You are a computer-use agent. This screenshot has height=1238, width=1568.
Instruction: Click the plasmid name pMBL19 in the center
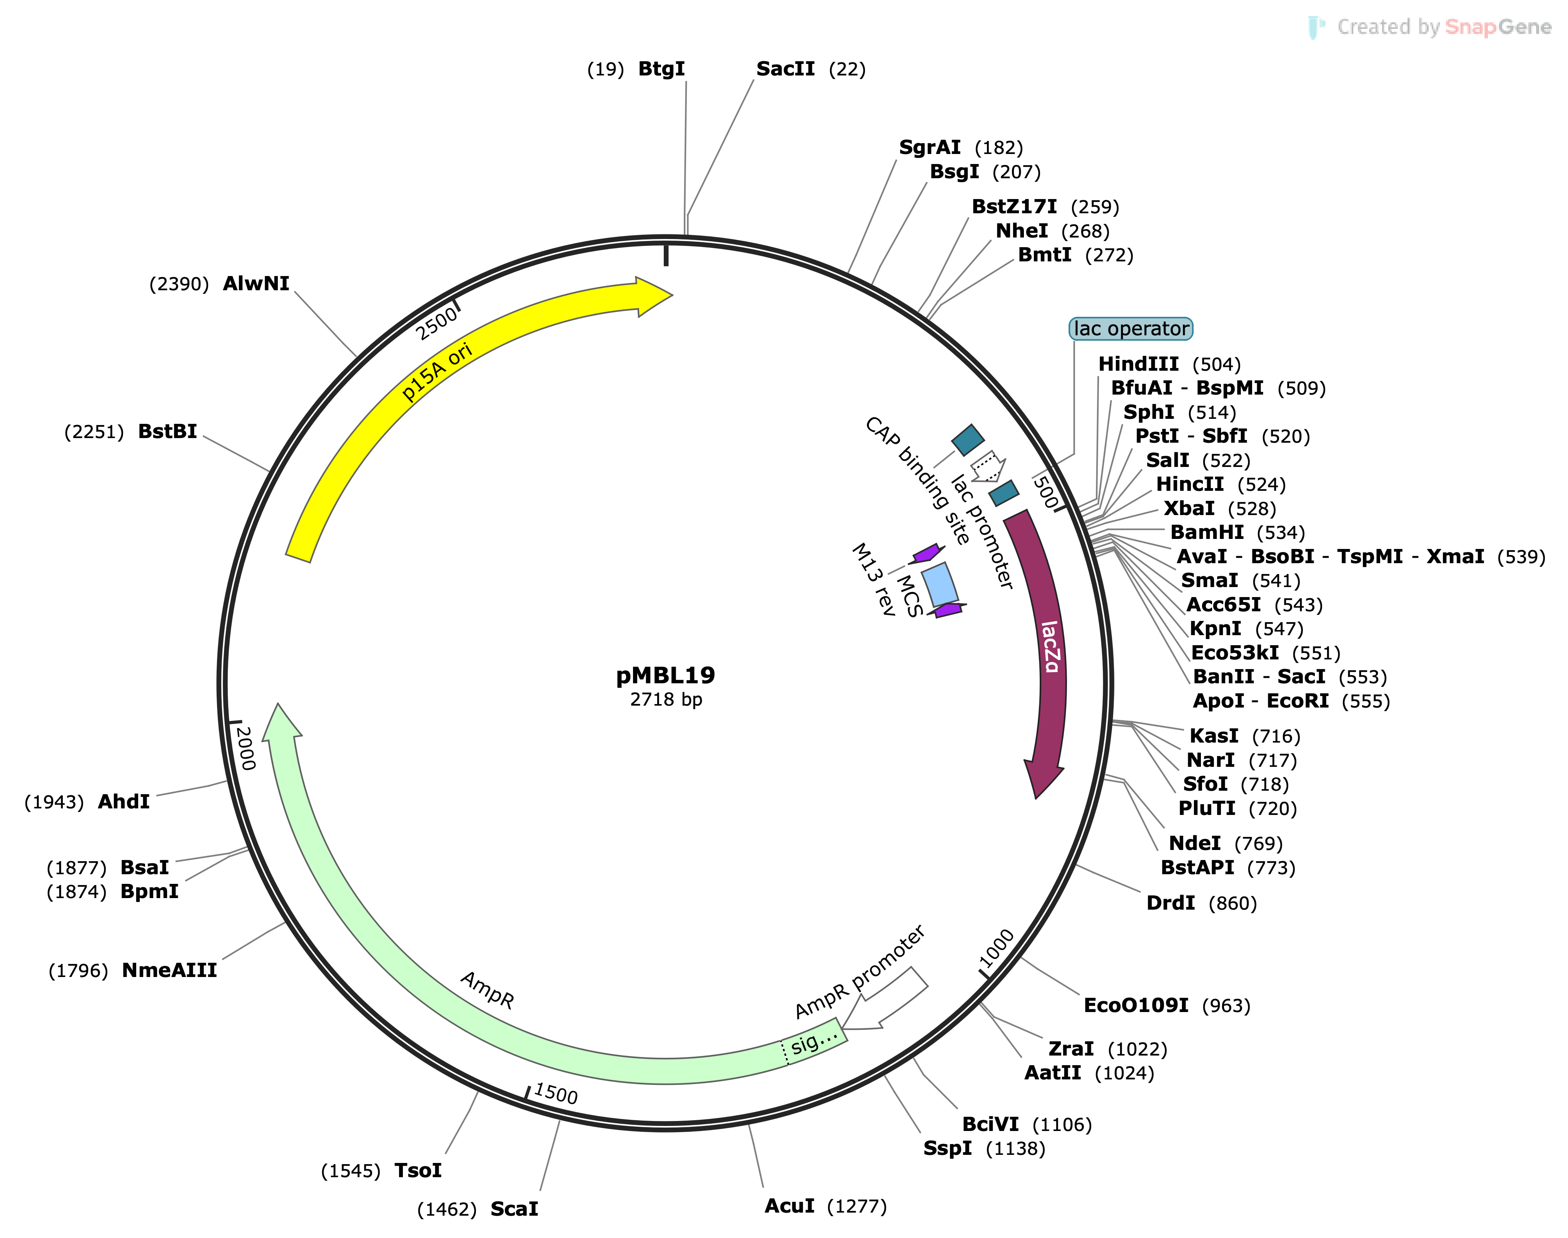click(x=665, y=676)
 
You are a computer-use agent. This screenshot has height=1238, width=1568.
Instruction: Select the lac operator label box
click(x=1130, y=329)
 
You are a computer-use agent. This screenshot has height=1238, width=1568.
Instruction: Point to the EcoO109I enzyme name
click(x=1136, y=1005)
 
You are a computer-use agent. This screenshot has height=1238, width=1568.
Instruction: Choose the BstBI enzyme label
click(x=167, y=432)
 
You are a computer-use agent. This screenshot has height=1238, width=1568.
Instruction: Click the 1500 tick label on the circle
click(x=556, y=1093)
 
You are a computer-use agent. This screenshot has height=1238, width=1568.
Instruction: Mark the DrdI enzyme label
click(x=1170, y=903)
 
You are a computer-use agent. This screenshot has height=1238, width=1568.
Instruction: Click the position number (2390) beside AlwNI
click(x=179, y=284)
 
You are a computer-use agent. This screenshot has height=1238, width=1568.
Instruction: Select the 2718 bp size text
click(x=665, y=699)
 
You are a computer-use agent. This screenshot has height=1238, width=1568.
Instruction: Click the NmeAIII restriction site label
click(x=170, y=970)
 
